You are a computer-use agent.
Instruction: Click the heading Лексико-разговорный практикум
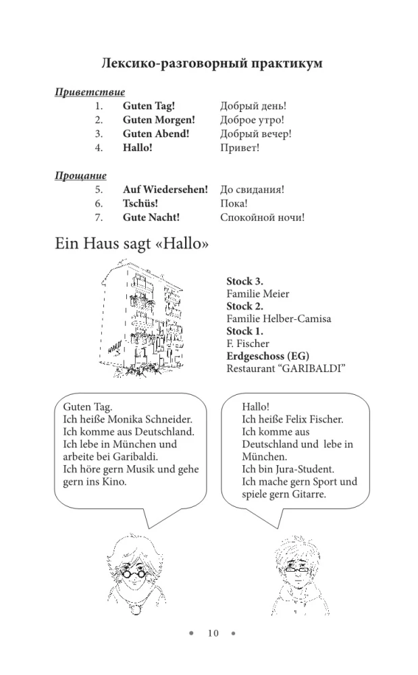pyautogui.click(x=211, y=63)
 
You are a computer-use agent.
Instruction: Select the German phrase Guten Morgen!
pyautogui.click(x=159, y=120)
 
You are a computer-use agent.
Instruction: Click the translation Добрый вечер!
pyautogui.click(x=256, y=134)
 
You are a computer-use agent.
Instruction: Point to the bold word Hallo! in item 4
pyautogui.click(x=138, y=148)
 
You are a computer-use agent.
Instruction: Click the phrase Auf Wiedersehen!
pyautogui.click(x=165, y=190)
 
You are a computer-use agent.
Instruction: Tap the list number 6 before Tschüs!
pyautogui.click(x=99, y=203)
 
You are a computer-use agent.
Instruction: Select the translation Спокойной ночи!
pyautogui.click(x=262, y=217)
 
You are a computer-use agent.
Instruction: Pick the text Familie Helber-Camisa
pyautogui.click(x=279, y=319)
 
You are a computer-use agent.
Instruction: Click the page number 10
pyautogui.click(x=213, y=633)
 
